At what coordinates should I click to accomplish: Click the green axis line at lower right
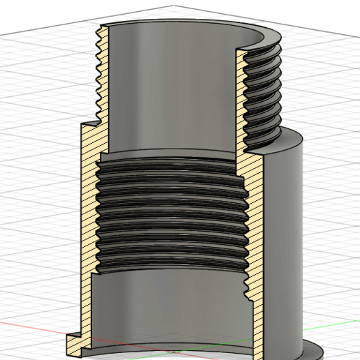[x=328, y=329]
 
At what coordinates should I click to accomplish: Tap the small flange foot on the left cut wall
[x=74, y=343]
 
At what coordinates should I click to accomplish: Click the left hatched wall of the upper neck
[x=98, y=77]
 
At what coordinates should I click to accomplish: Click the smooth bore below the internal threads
[x=167, y=307]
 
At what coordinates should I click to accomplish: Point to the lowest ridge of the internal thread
[x=167, y=267]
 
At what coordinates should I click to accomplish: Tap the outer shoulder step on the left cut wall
[x=87, y=126]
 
